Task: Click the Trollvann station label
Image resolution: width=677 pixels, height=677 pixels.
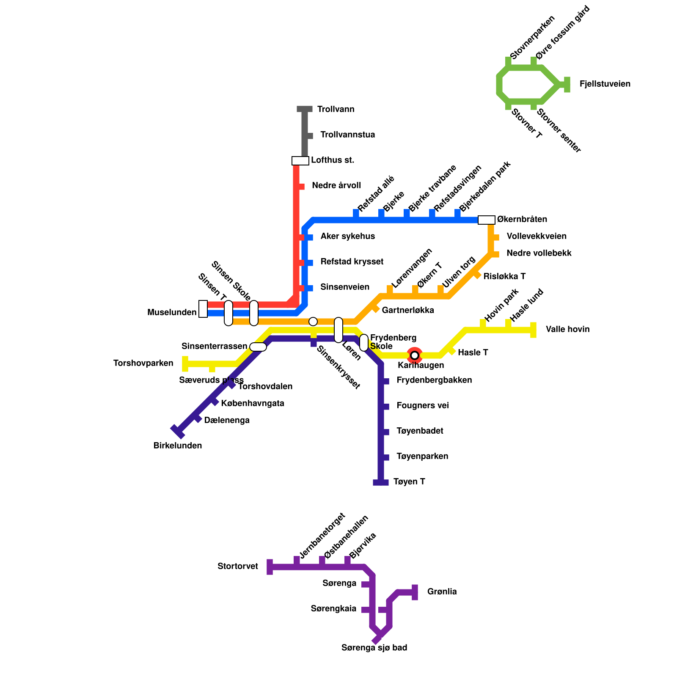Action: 336,110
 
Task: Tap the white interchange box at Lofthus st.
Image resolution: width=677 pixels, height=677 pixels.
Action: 300,161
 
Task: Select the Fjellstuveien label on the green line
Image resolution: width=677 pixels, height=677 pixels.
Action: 605,84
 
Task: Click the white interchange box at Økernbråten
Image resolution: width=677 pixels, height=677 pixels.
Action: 486,220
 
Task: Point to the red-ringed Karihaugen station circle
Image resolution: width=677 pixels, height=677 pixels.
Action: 415,355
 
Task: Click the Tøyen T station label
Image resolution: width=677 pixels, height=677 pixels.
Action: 409,482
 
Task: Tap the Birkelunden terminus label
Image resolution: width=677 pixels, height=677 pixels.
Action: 178,446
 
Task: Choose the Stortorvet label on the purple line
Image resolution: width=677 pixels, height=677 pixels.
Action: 238,567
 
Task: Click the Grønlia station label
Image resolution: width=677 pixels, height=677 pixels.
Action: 442,592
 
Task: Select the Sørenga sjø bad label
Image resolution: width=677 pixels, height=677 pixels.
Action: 374,648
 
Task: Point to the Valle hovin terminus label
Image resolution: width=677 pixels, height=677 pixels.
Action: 567,330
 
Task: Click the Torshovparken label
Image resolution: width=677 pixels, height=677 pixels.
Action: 143,363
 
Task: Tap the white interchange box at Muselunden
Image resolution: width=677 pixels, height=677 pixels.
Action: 203,309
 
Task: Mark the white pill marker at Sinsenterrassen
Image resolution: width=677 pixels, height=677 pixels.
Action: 258,347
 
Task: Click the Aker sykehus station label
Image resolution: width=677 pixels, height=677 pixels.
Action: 347,237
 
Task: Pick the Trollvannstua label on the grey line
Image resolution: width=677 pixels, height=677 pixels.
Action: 347,135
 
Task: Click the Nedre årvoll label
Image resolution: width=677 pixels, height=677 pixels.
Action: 336,186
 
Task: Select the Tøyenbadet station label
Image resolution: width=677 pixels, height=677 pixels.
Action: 420,431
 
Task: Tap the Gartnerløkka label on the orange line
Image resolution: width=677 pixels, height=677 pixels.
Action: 407,311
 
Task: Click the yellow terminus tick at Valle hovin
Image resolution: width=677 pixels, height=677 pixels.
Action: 533,330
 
